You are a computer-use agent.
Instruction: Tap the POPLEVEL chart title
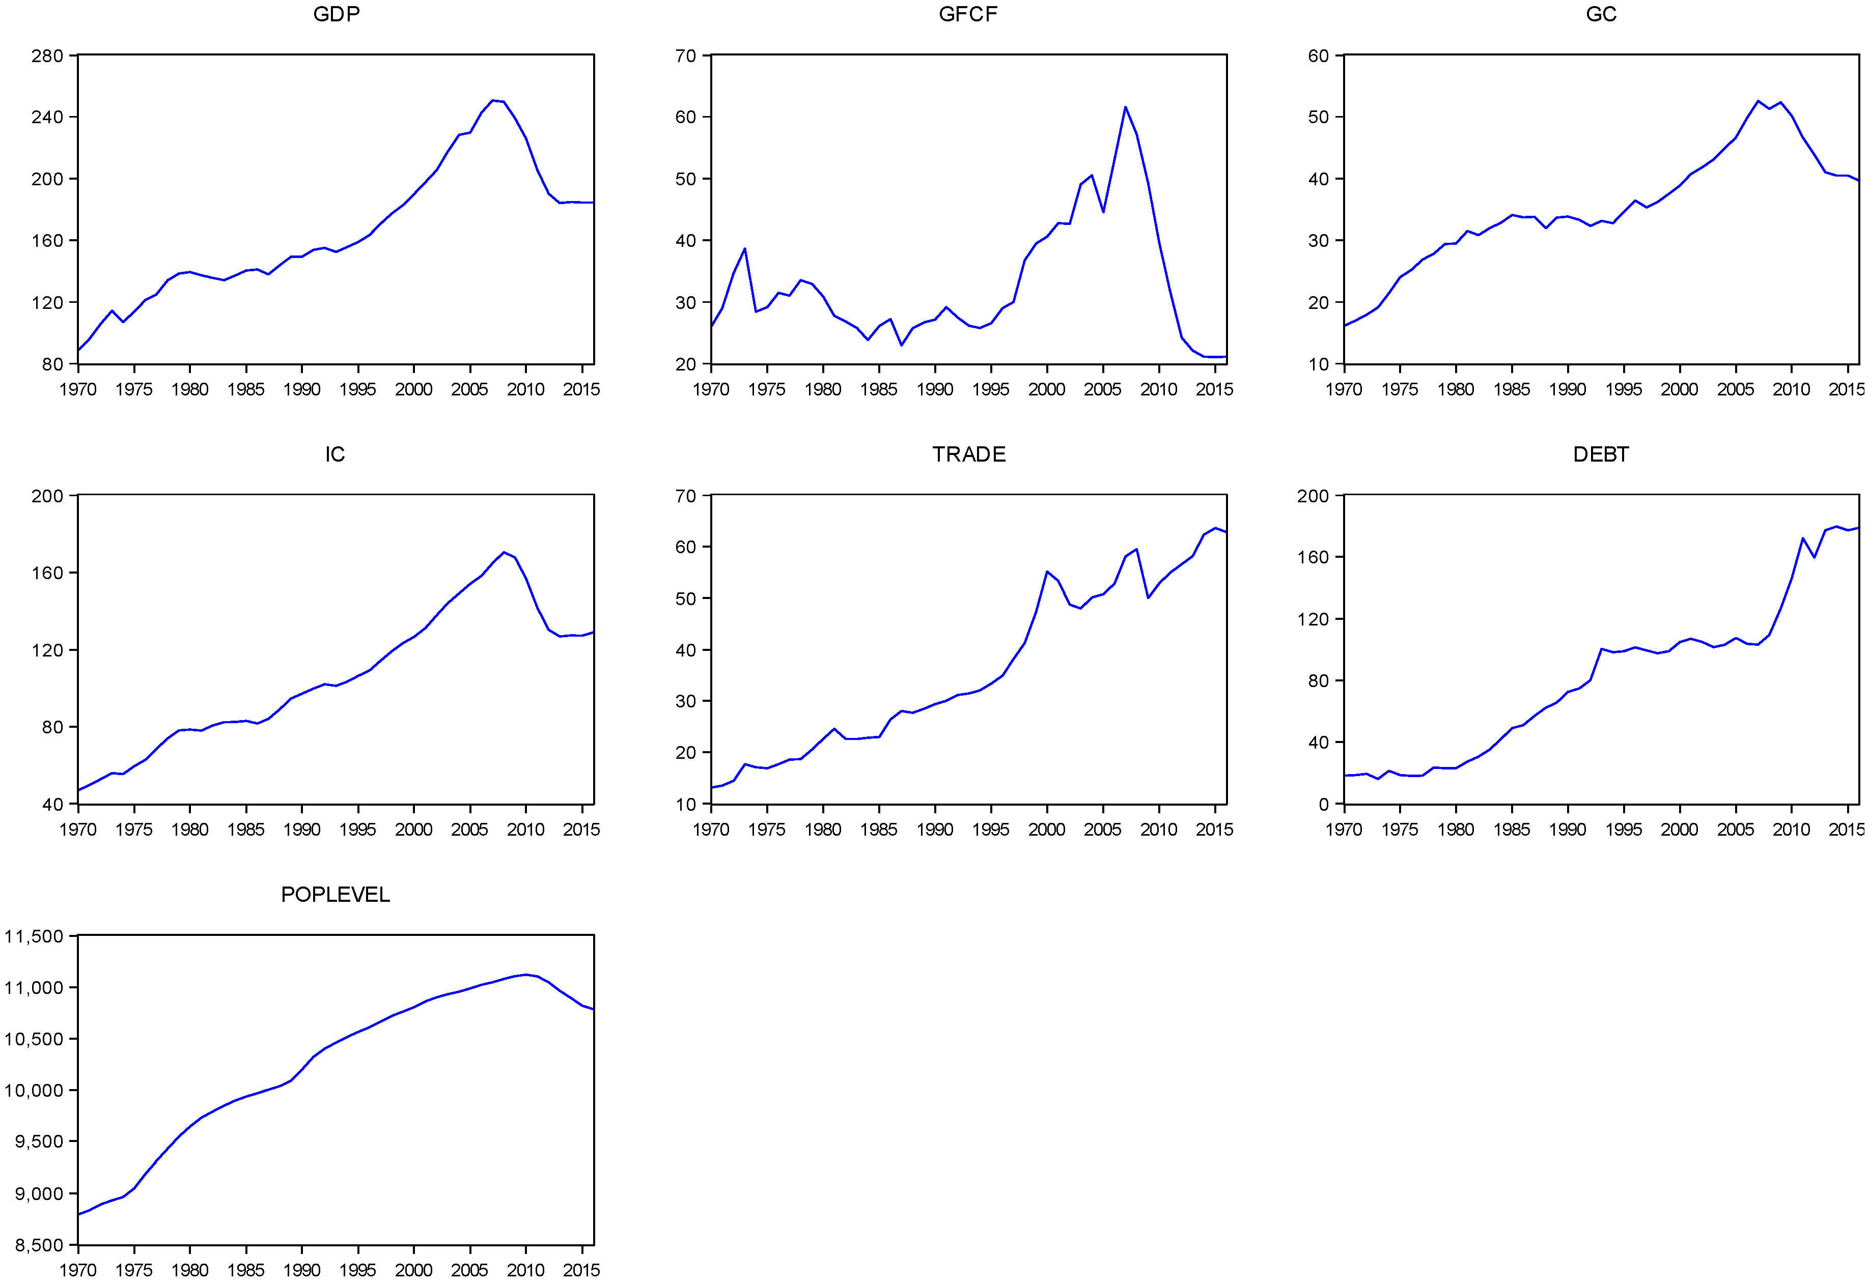(335, 895)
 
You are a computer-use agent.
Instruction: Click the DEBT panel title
(1600, 454)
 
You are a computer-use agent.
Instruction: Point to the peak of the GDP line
(493, 101)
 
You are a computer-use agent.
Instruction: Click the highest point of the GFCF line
(1125, 107)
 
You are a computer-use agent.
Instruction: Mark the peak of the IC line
(504, 552)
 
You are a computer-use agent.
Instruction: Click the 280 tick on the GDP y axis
(47, 55)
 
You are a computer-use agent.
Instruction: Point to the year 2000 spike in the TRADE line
(1046, 571)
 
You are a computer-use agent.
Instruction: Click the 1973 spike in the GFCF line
(744, 248)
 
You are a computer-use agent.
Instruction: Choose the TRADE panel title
(968, 454)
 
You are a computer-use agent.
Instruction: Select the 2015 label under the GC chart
(1846, 389)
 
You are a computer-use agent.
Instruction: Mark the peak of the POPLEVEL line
(525, 974)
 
